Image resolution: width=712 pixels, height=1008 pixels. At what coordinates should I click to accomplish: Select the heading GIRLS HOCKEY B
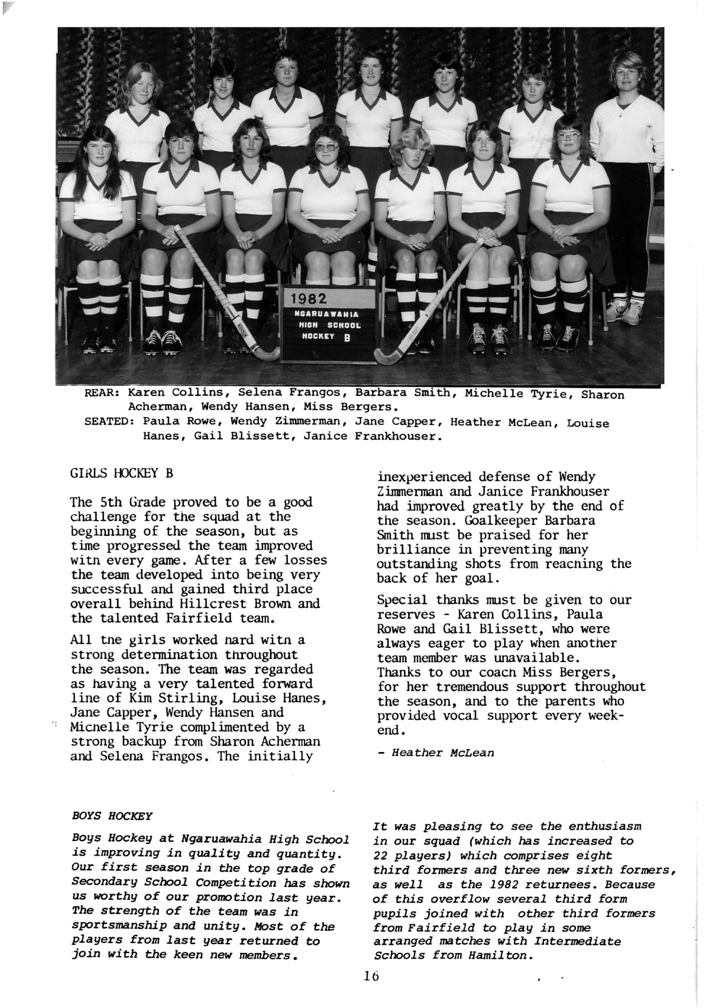[x=121, y=473]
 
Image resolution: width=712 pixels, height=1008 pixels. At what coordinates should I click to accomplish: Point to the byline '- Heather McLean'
[x=435, y=753]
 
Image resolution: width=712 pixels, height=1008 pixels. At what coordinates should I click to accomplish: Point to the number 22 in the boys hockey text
[x=380, y=855]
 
